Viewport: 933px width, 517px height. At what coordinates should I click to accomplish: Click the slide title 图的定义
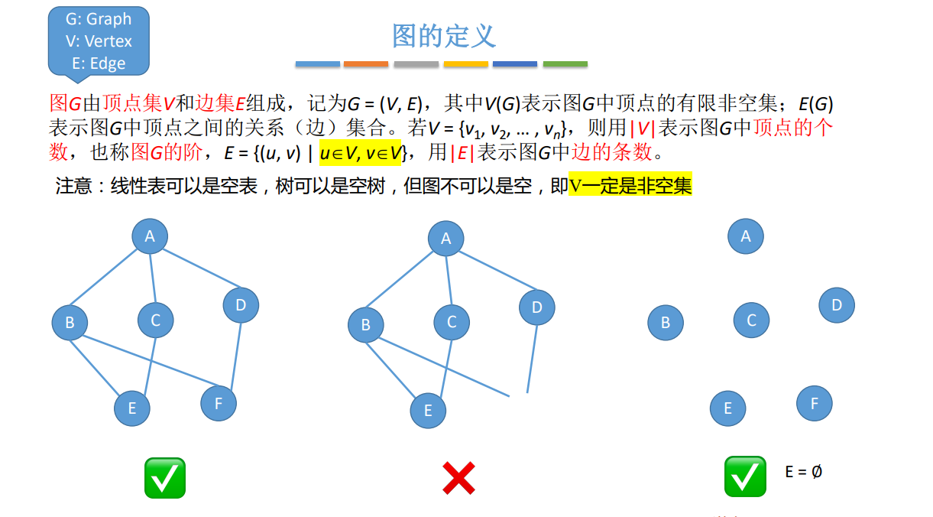point(444,36)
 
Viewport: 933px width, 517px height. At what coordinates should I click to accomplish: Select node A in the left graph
point(150,236)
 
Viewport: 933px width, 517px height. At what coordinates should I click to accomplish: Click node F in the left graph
point(219,403)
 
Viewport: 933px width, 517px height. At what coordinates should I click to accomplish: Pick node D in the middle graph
point(537,307)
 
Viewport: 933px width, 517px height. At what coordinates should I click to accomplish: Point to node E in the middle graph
point(428,411)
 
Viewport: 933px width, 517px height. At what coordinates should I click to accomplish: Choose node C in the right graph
point(751,320)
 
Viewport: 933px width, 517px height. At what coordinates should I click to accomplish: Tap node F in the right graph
point(814,403)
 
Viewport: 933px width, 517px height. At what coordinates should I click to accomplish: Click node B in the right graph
point(666,323)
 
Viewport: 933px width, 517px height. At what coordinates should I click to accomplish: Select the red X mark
point(458,479)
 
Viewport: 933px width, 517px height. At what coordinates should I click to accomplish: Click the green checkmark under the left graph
point(165,478)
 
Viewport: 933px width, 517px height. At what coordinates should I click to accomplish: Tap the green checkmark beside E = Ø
point(745,476)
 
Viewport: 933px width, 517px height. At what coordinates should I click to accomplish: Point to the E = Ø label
point(803,472)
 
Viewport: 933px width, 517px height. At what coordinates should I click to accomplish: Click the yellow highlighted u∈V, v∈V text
point(361,152)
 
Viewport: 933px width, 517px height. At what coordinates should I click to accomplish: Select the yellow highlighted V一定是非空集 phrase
point(630,185)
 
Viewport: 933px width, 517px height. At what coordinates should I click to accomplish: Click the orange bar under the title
point(366,64)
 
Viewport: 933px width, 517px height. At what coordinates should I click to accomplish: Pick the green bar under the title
point(565,64)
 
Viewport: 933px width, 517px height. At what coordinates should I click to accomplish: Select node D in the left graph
point(241,305)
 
